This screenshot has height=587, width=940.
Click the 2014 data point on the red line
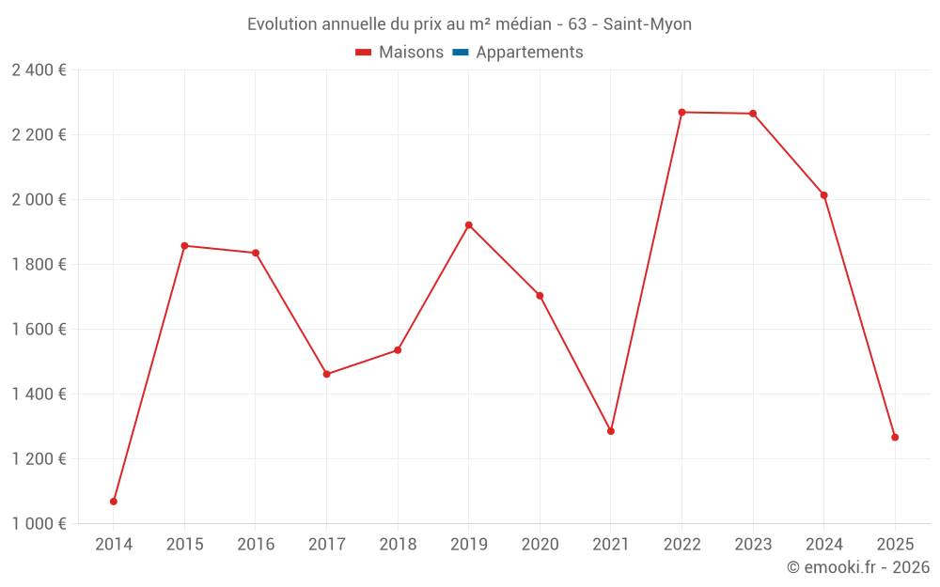[114, 502]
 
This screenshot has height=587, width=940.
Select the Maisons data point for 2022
[681, 113]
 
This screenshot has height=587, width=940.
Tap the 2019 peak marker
[469, 225]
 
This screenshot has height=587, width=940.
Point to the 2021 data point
[611, 431]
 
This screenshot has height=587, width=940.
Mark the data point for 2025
[895, 438]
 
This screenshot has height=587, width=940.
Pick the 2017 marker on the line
[326, 374]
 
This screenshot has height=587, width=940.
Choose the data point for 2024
[823, 195]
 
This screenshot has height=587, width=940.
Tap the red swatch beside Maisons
[364, 53]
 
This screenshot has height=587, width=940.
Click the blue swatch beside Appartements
[461, 53]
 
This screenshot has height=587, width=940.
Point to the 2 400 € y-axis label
[39, 70]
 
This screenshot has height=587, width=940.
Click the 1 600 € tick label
[39, 330]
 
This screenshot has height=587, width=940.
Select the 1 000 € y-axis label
[39, 524]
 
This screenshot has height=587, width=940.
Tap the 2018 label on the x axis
[398, 544]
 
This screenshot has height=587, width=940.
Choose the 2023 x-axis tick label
[753, 544]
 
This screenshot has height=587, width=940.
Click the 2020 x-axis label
[540, 544]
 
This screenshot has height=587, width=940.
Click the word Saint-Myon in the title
[648, 24]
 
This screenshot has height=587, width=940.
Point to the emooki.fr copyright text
[858, 567]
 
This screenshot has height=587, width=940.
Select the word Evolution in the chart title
[283, 24]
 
